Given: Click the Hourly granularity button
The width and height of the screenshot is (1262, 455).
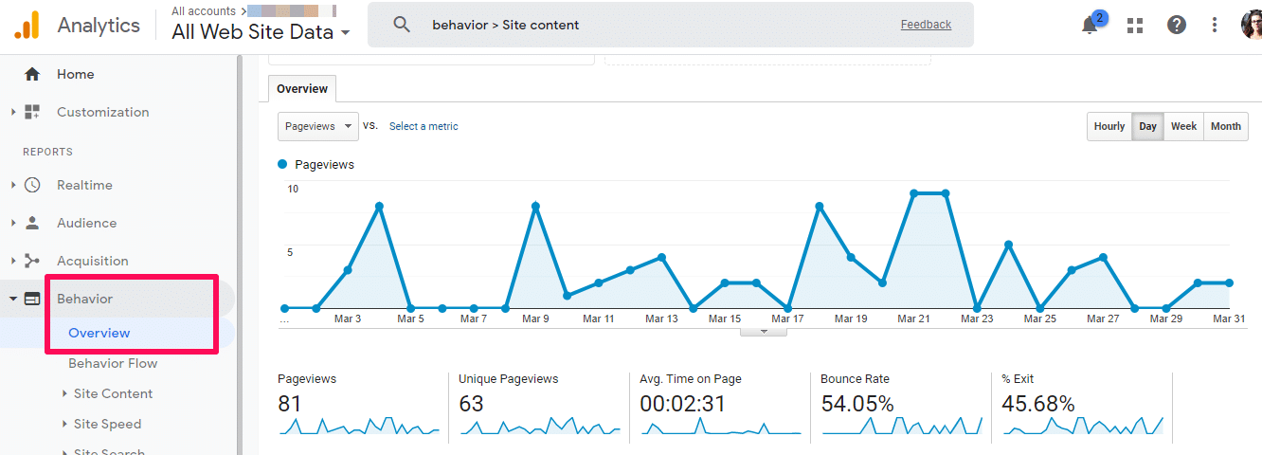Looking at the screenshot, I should (x=1109, y=126).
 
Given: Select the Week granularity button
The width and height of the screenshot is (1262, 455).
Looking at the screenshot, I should (x=1183, y=126).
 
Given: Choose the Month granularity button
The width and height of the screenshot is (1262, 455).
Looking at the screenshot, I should (x=1225, y=126).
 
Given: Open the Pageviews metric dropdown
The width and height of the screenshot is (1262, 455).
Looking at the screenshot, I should (x=318, y=126).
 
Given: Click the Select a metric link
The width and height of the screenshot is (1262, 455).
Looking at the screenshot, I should (x=424, y=126).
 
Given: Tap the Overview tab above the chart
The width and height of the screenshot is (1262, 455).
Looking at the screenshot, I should (x=302, y=89).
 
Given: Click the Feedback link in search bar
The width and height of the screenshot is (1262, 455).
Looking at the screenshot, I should (x=926, y=25).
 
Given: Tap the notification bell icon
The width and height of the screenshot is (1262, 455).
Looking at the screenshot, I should (x=1090, y=26).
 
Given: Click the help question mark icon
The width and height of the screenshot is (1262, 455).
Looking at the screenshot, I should (x=1176, y=26).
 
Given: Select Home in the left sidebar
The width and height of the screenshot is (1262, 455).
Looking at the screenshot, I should (x=75, y=74).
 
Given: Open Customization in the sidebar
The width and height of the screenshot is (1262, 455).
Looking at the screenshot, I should (x=102, y=112).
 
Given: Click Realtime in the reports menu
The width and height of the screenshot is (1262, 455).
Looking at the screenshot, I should (x=84, y=185).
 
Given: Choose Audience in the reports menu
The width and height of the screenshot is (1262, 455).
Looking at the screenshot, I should (x=86, y=223).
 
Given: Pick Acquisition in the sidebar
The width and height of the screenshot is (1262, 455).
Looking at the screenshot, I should (x=92, y=261).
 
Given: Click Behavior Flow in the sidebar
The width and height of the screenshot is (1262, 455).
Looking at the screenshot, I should (x=113, y=363).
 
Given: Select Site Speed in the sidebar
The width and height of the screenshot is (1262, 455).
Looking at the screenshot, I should (x=107, y=424).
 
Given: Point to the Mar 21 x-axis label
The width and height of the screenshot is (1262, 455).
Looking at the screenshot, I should (x=913, y=319).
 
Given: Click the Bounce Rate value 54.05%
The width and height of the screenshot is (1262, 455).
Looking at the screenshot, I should (x=856, y=404).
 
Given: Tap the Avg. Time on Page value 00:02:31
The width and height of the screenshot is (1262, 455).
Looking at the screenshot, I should (x=682, y=404).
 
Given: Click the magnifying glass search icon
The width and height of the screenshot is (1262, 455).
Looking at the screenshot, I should (x=402, y=25).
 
